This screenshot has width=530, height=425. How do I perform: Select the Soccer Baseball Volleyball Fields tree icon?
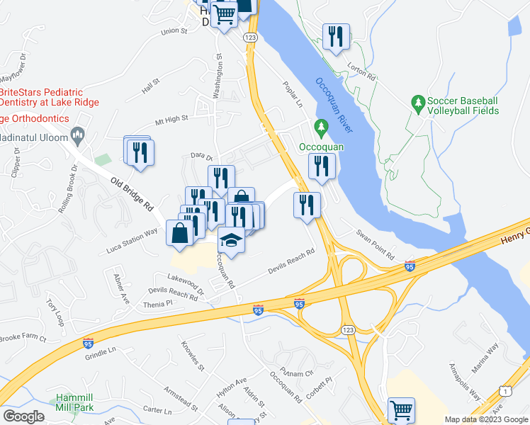tap(419, 105)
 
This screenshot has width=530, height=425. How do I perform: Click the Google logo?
tap(23, 416)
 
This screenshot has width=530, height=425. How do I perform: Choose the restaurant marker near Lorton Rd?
tap(336, 38)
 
